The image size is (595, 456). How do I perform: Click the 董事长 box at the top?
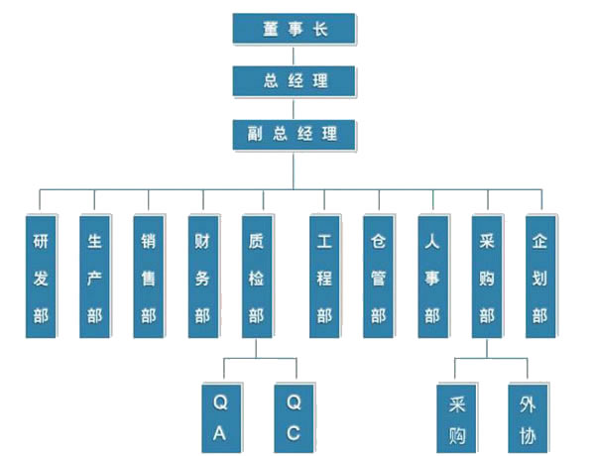[294, 30]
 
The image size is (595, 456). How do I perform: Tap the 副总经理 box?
[294, 133]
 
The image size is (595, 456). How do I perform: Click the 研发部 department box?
[40, 277]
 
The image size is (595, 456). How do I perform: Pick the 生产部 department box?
[94, 277]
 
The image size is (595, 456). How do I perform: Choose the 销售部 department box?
[148, 277]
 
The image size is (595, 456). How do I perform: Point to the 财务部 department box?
[202, 277]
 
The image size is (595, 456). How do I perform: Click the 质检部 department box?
[257, 277]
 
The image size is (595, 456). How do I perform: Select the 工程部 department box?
[323, 277]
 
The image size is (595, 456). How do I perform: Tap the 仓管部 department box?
[377, 277]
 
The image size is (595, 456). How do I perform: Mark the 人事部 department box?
[431, 277]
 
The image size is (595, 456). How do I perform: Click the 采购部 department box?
[485, 277]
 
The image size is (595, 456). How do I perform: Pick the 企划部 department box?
[539, 277]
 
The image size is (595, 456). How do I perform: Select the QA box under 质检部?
[219, 417]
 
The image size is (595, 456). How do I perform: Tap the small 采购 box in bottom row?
[457, 417]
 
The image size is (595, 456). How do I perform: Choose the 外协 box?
[527, 417]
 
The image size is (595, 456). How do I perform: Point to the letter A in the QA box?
[219, 432]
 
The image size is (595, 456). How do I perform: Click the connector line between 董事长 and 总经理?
[294, 56]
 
